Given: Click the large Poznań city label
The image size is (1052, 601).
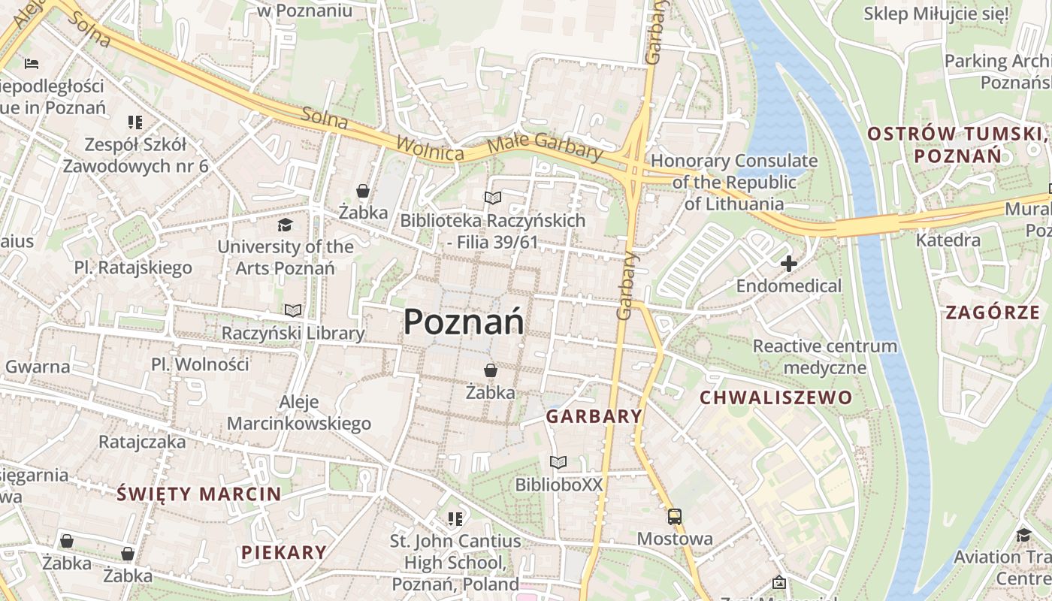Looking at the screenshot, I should [x=464, y=322].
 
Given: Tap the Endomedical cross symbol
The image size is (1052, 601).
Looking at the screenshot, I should [x=788, y=264].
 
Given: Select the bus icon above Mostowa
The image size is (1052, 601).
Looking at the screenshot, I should [x=674, y=517].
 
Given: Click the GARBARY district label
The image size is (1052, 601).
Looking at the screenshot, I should [x=594, y=416].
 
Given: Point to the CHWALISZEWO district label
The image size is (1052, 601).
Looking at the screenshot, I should [x=776, y=397].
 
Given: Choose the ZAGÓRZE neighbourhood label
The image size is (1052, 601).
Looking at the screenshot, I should [x=993, y=313].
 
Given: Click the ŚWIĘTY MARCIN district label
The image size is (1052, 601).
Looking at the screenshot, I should [x=199, y=494].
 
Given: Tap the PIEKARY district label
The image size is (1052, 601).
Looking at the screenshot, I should [x=284, y=552].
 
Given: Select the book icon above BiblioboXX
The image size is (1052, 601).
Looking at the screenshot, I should [x=558, y=462].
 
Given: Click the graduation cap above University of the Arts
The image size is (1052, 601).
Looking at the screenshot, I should [x=285, y=225].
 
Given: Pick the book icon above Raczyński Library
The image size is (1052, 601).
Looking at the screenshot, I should [x=292, y=310].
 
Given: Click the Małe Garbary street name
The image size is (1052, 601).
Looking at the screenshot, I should [x=546, y=145].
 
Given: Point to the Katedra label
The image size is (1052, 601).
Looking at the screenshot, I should [x=948, y=240].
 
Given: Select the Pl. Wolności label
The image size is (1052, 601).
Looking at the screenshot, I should [x=200, y=364].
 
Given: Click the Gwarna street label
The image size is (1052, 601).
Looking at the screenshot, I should [x=38, y=367].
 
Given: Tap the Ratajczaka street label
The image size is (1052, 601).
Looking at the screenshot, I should [x=142, y=441].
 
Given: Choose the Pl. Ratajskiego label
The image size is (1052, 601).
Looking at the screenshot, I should [x=133, y=267].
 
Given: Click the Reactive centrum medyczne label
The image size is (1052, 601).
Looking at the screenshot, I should [x=825, y=357].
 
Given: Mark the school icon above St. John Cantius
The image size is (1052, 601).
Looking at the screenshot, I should [x=455, y=518].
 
